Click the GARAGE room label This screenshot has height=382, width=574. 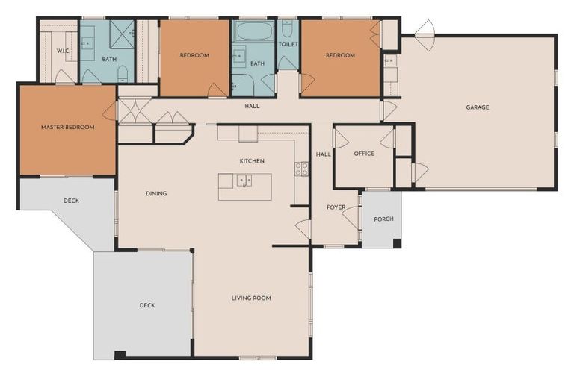tap(478, 107)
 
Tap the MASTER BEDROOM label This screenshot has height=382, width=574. tap(68, 128)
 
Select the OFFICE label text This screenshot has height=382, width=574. tap(364, 154)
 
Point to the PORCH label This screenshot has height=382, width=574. tap(383, 219)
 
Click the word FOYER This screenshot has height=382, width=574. tap(336, 207)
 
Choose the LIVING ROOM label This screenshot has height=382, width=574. tap(251, 298)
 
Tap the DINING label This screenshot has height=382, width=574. tap(156, 193)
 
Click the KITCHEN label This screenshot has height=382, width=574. tap(252, 161)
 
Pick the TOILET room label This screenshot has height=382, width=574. tap(288, 44)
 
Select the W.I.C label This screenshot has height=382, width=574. tap(63, 51)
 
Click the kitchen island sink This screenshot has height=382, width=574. tap(244, 181)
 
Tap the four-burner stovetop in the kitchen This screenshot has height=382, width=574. tap(302, 169)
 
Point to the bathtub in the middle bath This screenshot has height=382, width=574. tap(255, 31)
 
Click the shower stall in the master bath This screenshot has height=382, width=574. tap(123, 34)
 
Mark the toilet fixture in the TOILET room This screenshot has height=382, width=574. tap(287, 29)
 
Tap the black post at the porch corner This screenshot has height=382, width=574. tap(397, 243)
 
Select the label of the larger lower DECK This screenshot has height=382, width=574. tap(147, 306)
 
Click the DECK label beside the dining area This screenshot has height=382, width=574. tap(72, 201)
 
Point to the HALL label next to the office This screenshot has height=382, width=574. tap(323, 154)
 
